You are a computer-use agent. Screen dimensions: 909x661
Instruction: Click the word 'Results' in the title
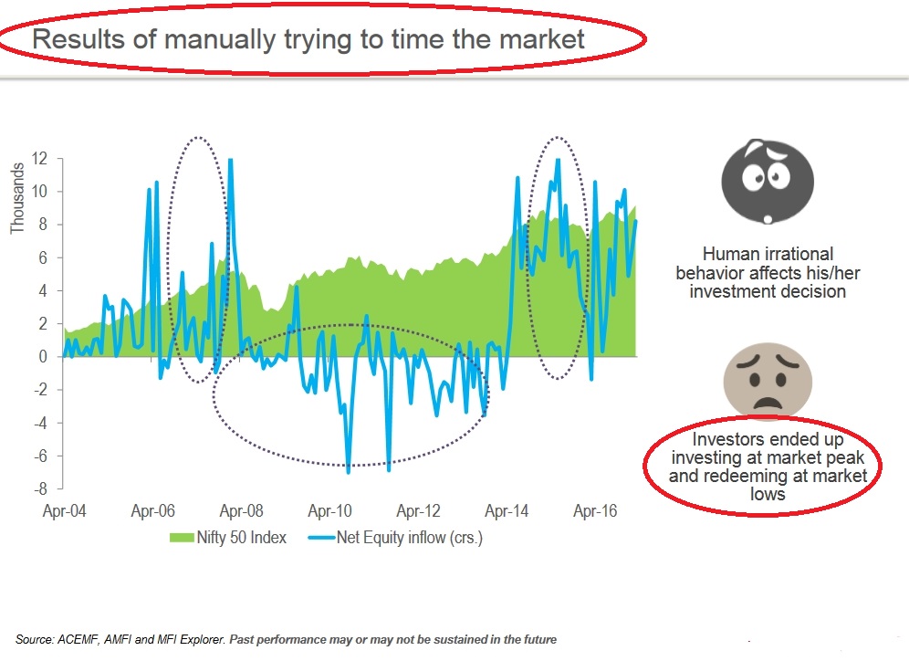pos(78,39)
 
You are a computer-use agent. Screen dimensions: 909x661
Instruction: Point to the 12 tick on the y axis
pos(39,158)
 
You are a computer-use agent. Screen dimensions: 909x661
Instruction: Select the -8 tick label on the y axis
pos(40,488)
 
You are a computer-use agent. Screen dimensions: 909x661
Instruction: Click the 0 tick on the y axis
pos(43,357)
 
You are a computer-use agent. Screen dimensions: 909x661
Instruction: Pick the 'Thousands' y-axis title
pos(17,198)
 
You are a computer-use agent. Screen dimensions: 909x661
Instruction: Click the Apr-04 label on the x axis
pos(65,511)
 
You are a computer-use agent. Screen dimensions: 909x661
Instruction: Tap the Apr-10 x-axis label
pos(329,511)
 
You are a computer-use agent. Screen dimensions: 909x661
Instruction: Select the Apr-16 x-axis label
pos(595,511)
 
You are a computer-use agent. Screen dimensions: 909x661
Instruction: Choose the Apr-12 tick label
pos(419,511)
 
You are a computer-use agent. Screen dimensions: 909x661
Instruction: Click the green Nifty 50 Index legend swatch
pos(182,538)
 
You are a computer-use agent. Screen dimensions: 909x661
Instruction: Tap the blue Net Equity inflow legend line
pos(322,538)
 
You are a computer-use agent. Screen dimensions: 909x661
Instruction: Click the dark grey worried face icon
pos(768,182)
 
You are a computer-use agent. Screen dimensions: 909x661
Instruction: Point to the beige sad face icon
pos(768,380)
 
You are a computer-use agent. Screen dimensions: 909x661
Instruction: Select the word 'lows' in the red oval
pos(768,494)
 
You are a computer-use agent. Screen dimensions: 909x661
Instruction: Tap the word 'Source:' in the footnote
pos(34,640)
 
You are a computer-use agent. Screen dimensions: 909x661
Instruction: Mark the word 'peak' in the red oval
pos(845,457)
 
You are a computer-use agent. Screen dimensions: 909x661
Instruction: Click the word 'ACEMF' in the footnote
pos(80,640)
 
